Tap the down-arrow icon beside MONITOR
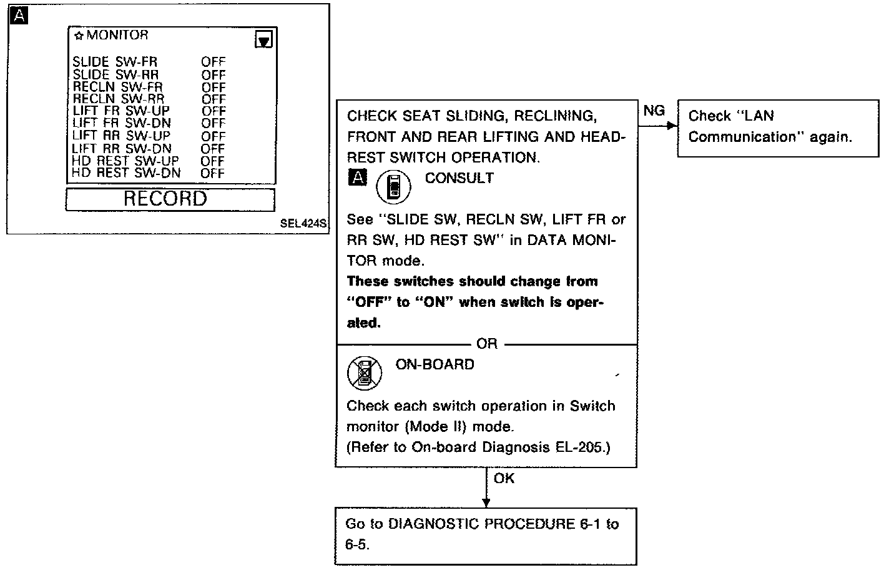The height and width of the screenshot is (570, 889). click(264, 41)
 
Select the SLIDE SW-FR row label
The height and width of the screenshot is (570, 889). click(115, 62)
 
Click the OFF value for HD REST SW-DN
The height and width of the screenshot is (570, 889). click(212, 173)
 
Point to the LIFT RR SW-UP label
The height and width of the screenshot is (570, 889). click(120, 136)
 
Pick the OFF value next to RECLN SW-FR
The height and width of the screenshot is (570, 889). click(213, 87)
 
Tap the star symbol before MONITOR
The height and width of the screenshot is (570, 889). click(79, 36)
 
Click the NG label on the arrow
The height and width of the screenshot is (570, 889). click(654, 111)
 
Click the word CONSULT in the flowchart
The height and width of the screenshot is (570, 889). click(459, 178)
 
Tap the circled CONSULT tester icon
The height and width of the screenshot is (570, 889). click(393, 186)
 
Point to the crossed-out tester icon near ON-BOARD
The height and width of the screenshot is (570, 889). click(365, 372)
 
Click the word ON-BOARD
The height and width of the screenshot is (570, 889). click(435, 364)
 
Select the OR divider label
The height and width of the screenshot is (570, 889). click(487, 344)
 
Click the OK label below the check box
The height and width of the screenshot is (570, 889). click(504, 479)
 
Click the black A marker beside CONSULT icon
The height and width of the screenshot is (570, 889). click(357, 178)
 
